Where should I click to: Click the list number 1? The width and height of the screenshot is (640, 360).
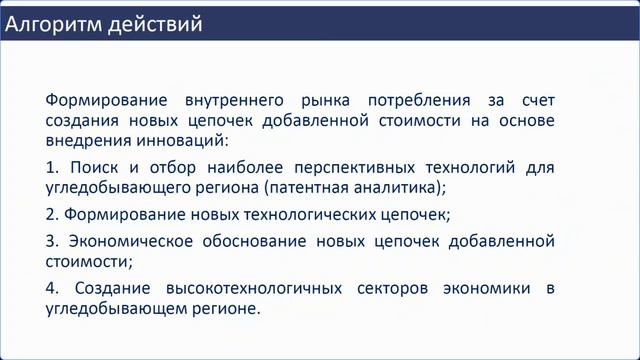click(x=51, y=166)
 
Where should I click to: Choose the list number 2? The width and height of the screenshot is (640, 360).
click(x=51, y=214)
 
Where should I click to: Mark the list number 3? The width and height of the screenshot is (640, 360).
click(x=51, y=242)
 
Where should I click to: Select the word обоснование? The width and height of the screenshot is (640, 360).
click(x=261, y=242)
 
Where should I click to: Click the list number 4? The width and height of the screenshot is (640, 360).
click(x=51, y=289)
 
